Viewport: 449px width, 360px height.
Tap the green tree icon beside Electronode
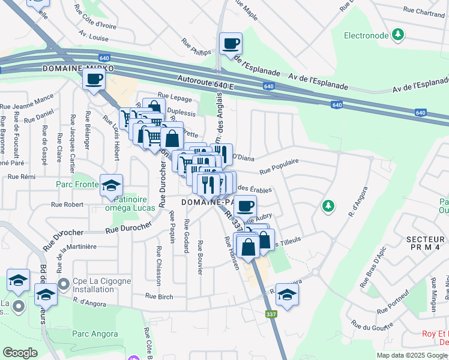[397, 34]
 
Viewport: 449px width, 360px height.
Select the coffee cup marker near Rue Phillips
[231, 43]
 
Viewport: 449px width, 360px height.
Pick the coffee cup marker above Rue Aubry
[245, 206]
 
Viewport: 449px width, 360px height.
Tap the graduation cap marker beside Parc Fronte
[110, 185]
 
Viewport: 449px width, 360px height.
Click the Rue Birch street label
[159, 295]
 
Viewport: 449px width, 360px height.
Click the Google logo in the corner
[20, 353]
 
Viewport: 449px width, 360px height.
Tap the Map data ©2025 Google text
[411, 355]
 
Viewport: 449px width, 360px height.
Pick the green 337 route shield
[271, 314]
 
